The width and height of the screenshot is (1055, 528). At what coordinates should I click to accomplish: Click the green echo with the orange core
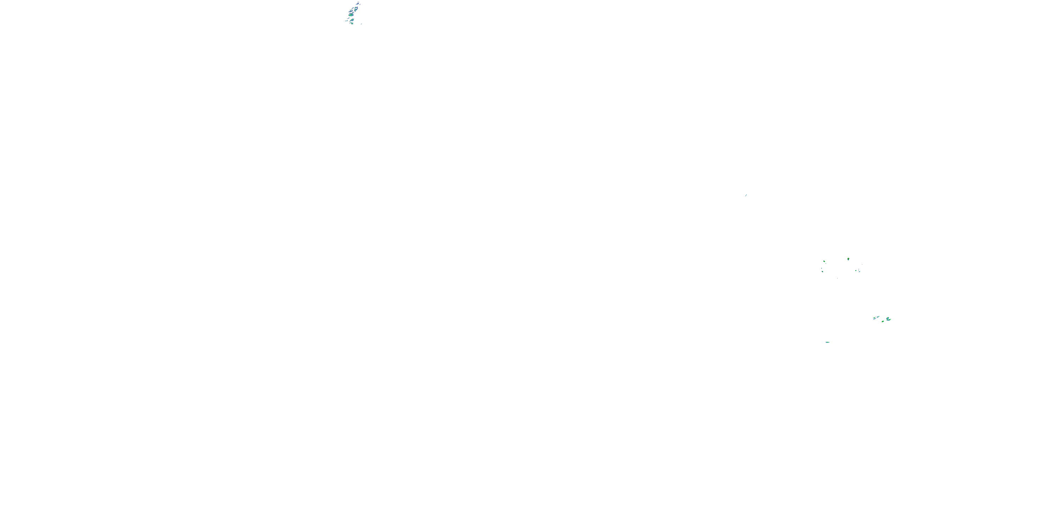[x=849, y=259]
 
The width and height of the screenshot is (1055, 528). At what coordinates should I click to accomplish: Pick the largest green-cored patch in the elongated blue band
[x=351, y=15]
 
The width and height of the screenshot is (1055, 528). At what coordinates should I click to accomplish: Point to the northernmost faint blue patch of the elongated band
[x=358, y=4]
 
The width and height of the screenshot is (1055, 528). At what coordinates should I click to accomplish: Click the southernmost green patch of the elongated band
[x=352, y=23]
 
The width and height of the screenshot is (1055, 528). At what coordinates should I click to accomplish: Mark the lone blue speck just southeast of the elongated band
[x=361, y=24]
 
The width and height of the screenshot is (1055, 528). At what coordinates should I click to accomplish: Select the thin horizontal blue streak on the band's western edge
[x=346, y=21]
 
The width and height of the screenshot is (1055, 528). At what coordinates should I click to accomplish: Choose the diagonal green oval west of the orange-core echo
[x=824, y=262]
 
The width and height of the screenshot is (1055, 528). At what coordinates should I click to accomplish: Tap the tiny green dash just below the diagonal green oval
[x=826, y=264]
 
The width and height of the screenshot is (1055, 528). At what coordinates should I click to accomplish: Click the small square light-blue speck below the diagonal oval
[x=821, y=269]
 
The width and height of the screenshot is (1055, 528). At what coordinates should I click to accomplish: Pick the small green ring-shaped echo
[x=856, y=271]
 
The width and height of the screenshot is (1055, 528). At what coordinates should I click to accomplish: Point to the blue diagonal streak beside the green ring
[x=859, y=272]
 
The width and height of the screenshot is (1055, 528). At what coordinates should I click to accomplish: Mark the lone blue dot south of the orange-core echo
[x=838, y=278]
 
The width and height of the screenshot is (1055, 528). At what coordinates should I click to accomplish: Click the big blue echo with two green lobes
[x=888, y=319]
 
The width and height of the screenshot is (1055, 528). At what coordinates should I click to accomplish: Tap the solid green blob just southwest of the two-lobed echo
[x=883, y=321]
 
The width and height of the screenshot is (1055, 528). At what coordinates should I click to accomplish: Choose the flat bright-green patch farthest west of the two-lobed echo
[x=874, y=318]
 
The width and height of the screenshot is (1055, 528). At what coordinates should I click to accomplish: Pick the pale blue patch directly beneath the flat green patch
[x=875, y=319]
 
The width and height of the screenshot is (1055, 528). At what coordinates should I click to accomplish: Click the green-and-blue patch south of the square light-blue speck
[x=823, y=272]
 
